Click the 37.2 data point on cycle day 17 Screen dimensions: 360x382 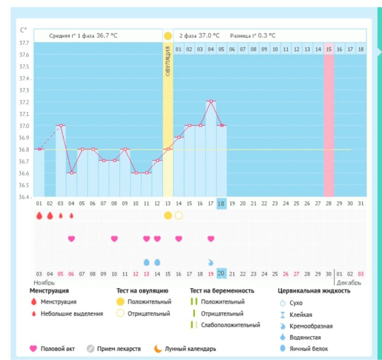(211, 101)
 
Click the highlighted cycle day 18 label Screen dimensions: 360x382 (221, 204)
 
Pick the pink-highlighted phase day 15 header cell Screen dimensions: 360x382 (328, 48)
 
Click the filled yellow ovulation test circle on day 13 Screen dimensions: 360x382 (168, 216)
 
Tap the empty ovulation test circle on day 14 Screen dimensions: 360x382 (179, 216)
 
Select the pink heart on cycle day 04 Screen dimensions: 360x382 (72, 239)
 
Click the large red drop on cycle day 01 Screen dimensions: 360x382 (39, 216)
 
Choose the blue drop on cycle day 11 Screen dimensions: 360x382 (147, 262)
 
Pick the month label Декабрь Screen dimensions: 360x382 (348, 282)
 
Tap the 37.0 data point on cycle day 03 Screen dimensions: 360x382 (61, 125)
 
